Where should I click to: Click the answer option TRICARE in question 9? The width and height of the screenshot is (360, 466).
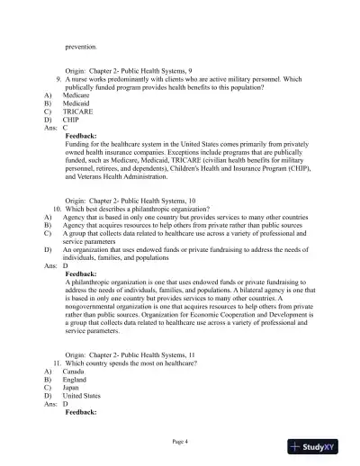tap(77, 111)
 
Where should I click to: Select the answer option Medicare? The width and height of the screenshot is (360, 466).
tap(76, 94)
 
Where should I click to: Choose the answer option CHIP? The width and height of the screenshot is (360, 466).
tap(71, 119)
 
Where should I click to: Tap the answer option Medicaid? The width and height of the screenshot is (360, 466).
tap(76, 103)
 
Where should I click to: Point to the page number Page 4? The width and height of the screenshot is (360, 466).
tap(179, 441)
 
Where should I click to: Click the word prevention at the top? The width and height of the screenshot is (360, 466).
tap(81, 45)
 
